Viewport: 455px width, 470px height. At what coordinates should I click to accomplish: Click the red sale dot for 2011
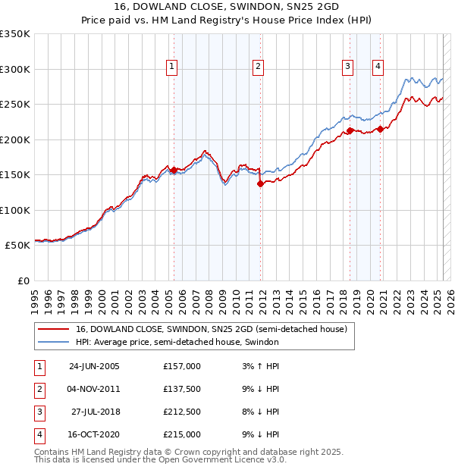point(260,183)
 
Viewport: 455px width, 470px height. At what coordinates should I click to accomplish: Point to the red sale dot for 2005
point(174,170)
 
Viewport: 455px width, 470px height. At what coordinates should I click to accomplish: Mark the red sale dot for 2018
point(350,130)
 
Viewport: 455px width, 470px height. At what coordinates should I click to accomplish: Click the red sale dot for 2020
point(380,129)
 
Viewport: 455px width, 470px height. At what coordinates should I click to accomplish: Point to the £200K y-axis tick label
point(15,139)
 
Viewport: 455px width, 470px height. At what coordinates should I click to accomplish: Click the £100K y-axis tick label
point(15,210)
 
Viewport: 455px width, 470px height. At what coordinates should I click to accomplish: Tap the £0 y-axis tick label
point(23,280)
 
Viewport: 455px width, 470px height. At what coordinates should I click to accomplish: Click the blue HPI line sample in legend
point(53,343)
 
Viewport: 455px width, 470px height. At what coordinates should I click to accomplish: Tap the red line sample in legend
point(53,329)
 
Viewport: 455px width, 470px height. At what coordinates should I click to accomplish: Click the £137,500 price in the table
point(182,389)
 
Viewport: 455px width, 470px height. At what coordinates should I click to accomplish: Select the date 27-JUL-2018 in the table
point(95,412)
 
